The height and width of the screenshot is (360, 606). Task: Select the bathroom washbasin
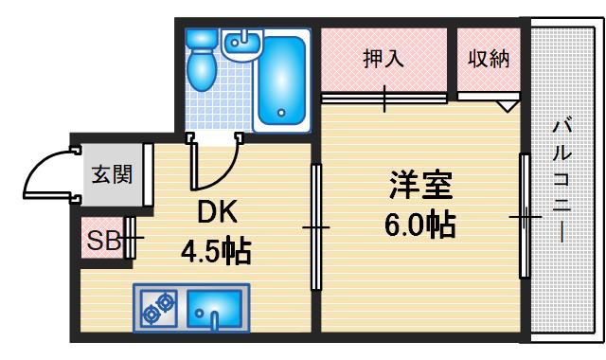pos(241,44)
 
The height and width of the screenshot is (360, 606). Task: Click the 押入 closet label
pos(383,58)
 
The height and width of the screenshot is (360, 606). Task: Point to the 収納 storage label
pos(489,58)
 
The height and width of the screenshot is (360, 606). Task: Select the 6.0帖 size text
pos(421,225)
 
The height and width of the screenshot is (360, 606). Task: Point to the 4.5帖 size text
pos(216,251)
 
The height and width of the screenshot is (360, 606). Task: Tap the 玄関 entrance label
pos(111,174)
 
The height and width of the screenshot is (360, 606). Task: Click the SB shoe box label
pos(102,241)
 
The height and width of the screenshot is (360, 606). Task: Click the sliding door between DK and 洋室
pos(316,227)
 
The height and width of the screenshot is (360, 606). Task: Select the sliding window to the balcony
pos(523,218)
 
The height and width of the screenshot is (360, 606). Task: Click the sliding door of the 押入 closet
pos(383,97)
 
